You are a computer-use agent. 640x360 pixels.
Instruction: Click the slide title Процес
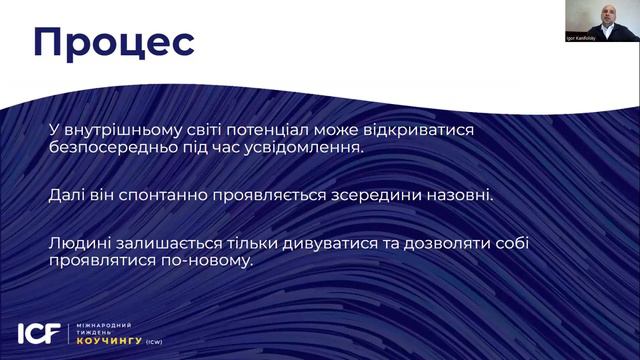(112, 43)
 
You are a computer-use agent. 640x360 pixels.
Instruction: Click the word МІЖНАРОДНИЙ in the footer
(104, 325)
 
